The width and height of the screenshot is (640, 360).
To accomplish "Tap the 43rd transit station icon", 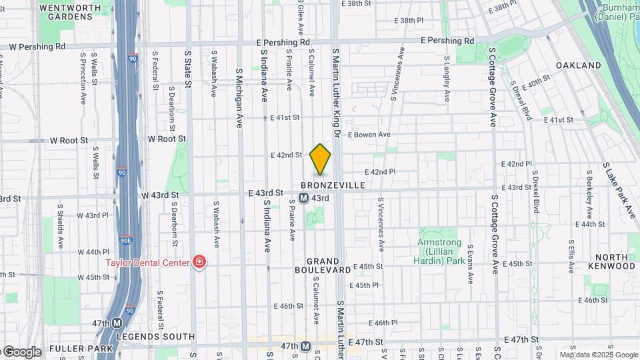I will coord(303,198).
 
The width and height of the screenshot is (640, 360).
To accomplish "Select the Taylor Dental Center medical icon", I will coord(199,262).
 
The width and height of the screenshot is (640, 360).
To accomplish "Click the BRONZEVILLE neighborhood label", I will coord(333,185).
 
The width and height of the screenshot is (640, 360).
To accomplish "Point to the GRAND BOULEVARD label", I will coord(323,265).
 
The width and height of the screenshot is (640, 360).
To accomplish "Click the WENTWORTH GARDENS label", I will coord(75,12).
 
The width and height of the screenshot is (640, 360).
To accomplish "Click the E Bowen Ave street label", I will coord(369,135).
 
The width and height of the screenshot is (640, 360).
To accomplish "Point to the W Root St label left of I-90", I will coord(69,141).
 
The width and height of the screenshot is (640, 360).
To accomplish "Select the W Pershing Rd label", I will coord(37,47).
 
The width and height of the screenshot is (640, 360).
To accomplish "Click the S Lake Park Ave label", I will coord(619,191).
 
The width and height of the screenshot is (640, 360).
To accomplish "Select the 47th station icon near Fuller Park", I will coord(118,323).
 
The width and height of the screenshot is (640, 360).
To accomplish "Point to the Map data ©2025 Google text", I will coord(599,355).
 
